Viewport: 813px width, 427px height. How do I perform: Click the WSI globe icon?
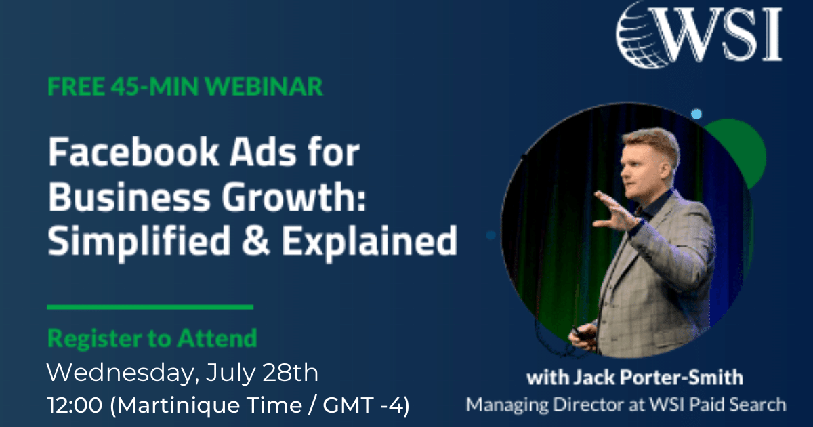coord(642,35)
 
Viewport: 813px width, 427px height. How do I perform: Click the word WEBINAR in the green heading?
coord(264,87)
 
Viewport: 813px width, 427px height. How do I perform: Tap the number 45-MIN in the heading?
coord(154,87)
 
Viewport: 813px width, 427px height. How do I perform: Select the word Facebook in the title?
coord(133,152)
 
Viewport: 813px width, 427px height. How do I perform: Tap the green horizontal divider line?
coord(150,307)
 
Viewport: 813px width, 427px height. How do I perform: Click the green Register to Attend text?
coord(152,338)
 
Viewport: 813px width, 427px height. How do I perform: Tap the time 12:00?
coord(75,405)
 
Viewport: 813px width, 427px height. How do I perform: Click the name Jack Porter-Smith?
coord(658,378)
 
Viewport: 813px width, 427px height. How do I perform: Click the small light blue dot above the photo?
coord(696,114)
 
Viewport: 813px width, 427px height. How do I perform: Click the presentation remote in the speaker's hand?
coord(581,333)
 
